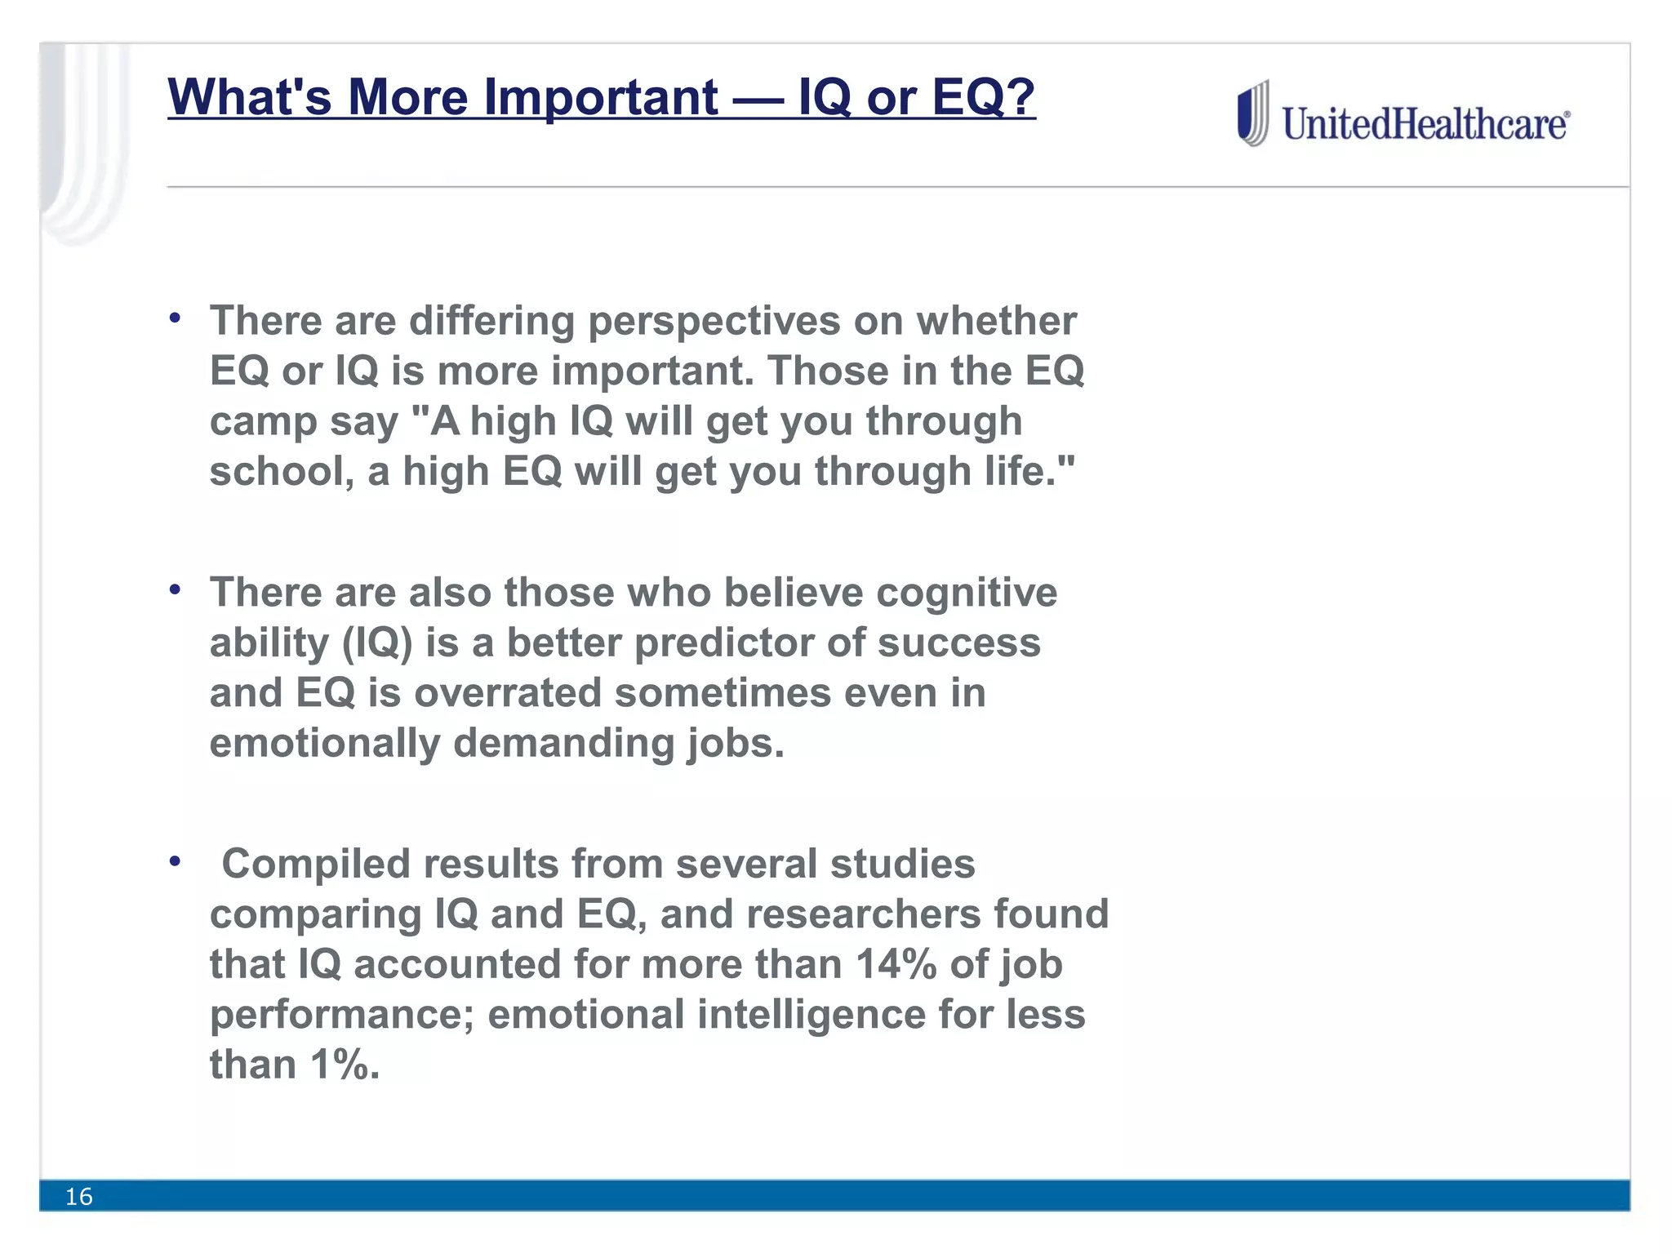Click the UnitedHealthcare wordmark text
(1425, 124)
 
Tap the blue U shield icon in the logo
(1252, 114)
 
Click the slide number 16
(79, 1197)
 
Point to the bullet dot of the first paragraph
(175, 318)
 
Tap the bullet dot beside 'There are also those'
(175, 589)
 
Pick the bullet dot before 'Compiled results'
(175, 860)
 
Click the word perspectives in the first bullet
(714, 321)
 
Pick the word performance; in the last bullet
(342, 1015)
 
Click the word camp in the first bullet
(263, 421)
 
